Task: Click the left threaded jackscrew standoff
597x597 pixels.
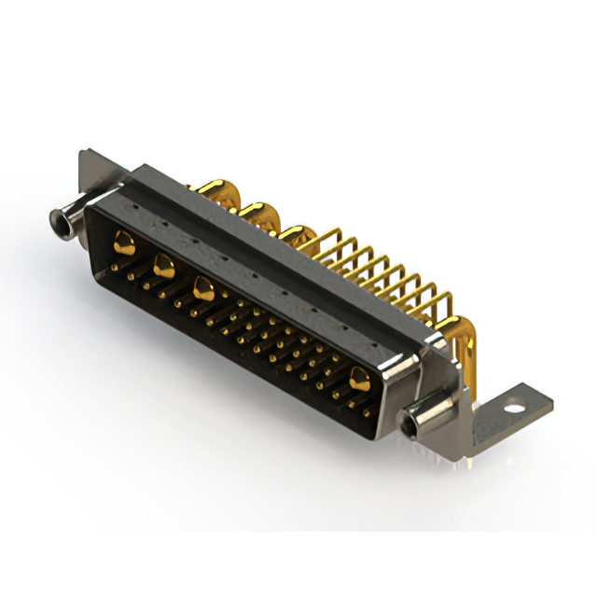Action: [x=67, y=218]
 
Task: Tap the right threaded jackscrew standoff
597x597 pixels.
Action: [x=422, y=419]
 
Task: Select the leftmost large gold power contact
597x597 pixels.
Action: [x=121, y=244]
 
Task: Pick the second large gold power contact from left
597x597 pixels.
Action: [x=163, y=265]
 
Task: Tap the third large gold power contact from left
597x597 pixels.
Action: [x=202, y=287]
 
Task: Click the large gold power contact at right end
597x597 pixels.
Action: [x=358, y=376]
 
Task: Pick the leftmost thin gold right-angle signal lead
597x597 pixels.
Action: [x=326, y=244]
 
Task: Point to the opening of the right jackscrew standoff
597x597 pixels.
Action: [x=410, y=424]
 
